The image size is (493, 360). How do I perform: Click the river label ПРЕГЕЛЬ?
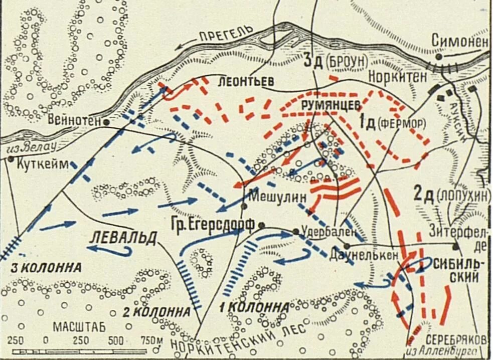click(226, 35)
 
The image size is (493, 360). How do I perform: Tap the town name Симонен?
click(459, 42)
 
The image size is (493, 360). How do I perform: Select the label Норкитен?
click(397, 77)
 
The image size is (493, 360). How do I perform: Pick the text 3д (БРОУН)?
click(336, 61)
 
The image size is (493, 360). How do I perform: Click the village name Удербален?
click(330, 232)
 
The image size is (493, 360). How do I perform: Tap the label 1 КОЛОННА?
click(255, 307)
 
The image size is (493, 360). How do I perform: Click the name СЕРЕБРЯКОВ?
click(456, 339)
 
